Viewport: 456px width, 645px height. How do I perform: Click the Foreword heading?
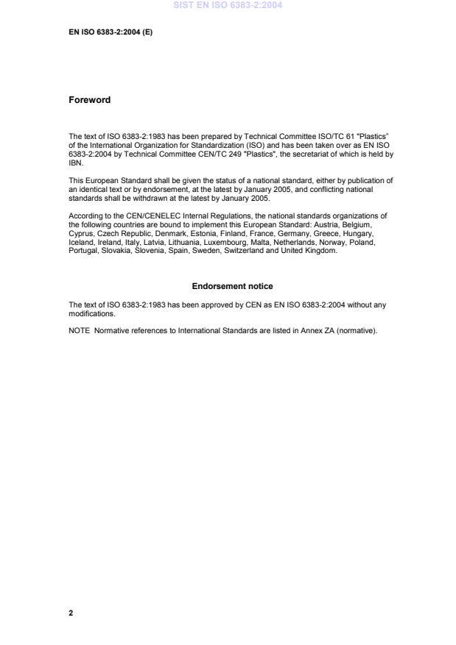[89, 100]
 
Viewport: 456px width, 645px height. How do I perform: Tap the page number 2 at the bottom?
[71, 613]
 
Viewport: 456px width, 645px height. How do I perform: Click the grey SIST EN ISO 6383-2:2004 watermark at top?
[228, 5]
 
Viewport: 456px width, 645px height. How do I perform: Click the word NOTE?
[78, 330]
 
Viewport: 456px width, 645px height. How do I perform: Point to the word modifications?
[89, 313]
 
